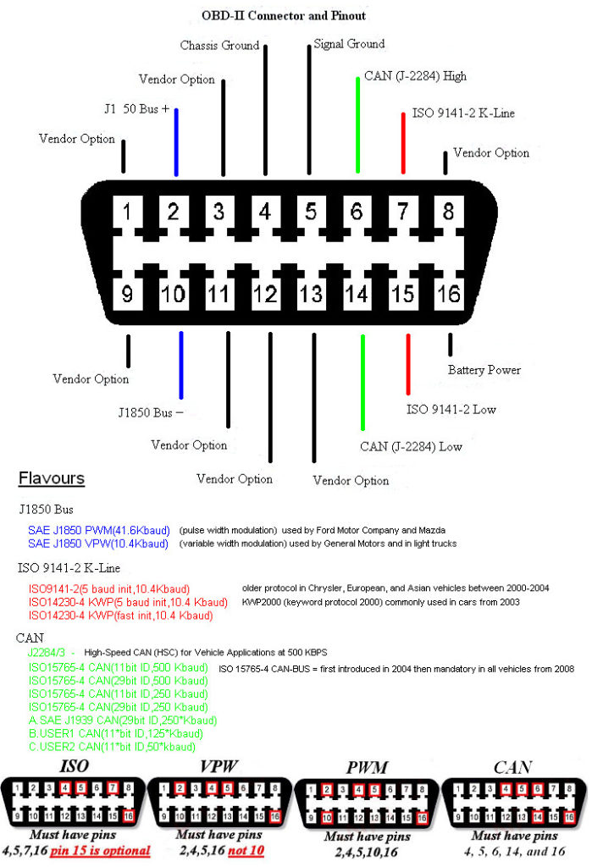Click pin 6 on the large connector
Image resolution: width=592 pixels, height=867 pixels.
(x=357, y=211)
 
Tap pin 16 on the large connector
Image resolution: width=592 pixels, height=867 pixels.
(x=449, y=293)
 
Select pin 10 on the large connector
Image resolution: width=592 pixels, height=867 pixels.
(x=173, y=293)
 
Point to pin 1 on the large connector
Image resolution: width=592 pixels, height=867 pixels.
(x=127, y=211)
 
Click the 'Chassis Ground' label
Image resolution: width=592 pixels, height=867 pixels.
(x=219, y=45)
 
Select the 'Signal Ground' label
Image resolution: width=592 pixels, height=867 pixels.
(x=349, y=43)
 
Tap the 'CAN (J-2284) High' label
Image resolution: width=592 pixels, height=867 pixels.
(x=415, y=76)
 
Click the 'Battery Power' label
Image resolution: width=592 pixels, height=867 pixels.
(x=484, y=370)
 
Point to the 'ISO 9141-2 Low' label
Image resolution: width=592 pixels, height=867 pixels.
(x=451, y=410)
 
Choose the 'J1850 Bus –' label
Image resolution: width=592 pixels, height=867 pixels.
(x=151, y=413)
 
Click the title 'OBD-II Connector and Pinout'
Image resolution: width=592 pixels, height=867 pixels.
(x=284, y=15)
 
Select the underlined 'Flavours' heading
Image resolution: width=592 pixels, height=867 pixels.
(x=52, y=478)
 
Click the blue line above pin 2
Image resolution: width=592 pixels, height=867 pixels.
(x=176, y=141)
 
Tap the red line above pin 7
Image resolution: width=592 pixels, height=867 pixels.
(x=403, y=142)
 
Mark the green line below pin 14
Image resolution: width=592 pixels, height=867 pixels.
(x=364, y=381)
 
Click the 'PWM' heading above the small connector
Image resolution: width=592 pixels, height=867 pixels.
(x=368, y=769)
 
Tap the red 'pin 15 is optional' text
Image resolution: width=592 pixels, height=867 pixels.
(x=101, y=850)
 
